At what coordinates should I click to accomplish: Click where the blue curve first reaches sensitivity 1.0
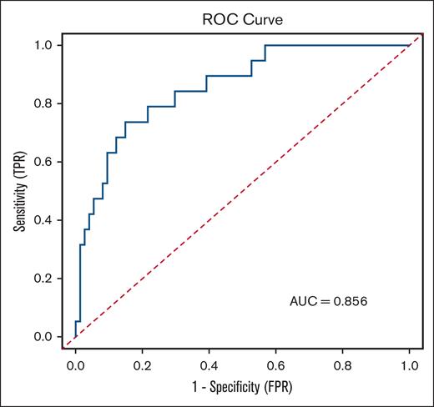(x=265, y=45)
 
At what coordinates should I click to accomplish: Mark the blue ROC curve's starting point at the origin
(x=76, y=337)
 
